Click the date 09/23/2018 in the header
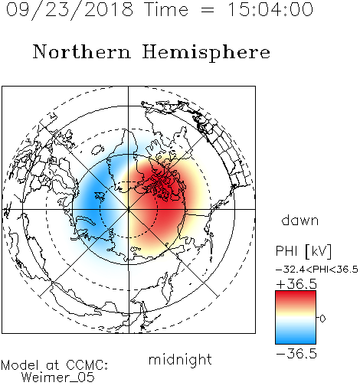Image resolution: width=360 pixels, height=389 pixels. click(x=70, y=10)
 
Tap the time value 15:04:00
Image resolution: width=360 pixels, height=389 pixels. click(x=270, y=9)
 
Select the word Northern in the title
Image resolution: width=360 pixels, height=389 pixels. click(x=82, y=52)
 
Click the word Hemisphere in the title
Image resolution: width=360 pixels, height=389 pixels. click(x=206, y=53)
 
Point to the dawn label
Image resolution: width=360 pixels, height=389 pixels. click(x=300, y=220)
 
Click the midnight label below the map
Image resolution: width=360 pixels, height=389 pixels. click(x=180, y=360)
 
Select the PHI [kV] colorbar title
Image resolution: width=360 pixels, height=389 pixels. click(x=303, y=251)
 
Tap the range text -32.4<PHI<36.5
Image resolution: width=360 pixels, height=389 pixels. click(x=317, y=270)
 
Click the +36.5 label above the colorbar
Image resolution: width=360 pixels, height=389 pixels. click(x=296, y=284)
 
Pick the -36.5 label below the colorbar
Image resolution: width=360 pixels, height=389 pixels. click(x=296, y=354)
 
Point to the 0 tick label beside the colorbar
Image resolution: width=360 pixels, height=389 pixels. click(x=322, y=319)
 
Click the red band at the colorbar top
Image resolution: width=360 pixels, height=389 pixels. click(x=296, y=296)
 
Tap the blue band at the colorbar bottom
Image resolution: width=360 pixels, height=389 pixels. click(x=296, y=338)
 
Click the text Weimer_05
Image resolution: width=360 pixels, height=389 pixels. click(x=58, y=377)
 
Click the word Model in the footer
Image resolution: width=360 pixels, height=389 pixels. click(x=21, y=365)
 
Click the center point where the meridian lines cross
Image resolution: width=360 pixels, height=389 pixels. click(x=129, y=209)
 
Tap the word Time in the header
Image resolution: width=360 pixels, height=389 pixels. click(x=166, y=9)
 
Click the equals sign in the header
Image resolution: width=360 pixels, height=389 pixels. click(x=207, y=10)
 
